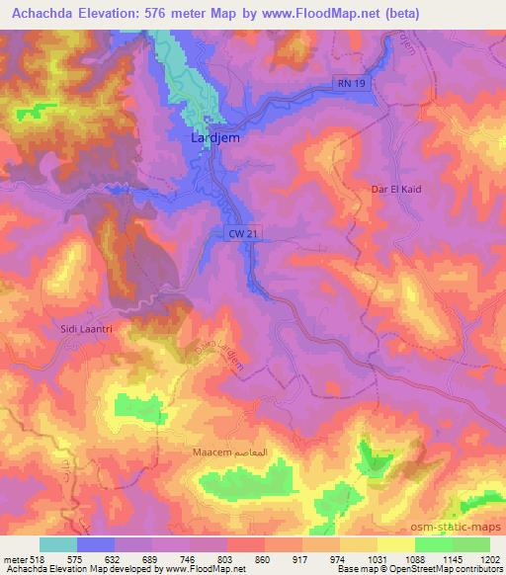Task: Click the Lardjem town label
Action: point(214,139)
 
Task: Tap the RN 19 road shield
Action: point(350,85)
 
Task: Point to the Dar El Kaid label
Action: point(395,189)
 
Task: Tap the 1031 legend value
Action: point(377,558)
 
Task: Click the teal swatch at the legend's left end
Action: point(58,544)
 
